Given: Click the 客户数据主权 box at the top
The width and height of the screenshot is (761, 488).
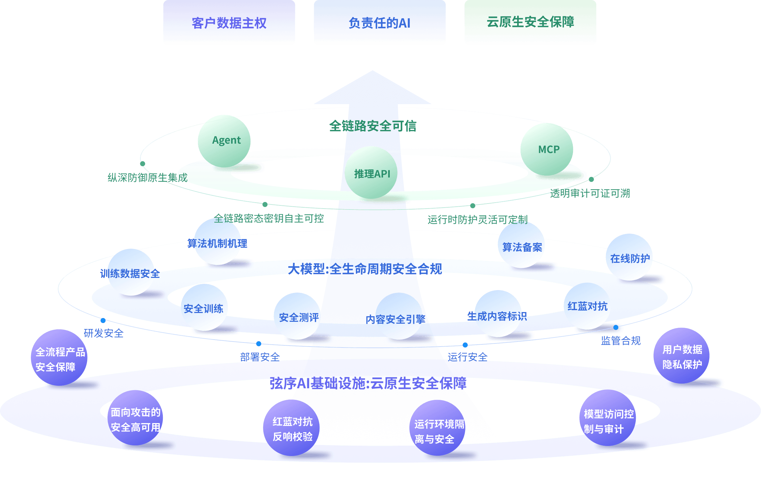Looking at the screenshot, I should tap(229, 23).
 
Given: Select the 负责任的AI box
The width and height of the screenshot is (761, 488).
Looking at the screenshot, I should tap(379, 23).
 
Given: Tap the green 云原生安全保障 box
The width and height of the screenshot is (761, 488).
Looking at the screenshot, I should tap(530, 22).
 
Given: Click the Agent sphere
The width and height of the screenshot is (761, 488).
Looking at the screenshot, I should tap(224, 141).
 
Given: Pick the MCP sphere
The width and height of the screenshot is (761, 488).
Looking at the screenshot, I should tap(547, 149).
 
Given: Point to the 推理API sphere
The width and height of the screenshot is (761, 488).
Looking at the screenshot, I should tap(371, 173).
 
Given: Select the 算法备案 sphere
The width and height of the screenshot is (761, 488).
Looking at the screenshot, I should tap(522, 246).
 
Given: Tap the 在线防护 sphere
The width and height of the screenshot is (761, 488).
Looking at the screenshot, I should tap(630, 257).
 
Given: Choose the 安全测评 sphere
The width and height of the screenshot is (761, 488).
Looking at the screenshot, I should tap(297, 316).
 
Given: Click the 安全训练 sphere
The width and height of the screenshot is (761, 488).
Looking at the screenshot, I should tap(204, 307).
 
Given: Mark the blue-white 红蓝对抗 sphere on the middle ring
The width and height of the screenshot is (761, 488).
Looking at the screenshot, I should tap(587, 306).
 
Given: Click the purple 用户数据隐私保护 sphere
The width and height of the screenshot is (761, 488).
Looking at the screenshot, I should tap(681, 356).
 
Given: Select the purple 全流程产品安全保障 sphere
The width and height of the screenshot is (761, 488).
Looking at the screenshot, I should tap(59, 358).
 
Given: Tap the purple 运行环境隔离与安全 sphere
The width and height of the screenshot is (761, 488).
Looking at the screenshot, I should tap(437, 428).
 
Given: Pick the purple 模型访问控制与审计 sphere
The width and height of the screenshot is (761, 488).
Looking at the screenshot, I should tap(608, 418).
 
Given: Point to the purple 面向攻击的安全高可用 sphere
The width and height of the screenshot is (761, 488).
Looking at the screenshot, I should tap(135, 418).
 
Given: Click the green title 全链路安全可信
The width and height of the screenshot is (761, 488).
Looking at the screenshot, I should tap(373, 126).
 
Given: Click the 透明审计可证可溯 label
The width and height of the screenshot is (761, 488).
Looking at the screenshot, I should tap(590, 193).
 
